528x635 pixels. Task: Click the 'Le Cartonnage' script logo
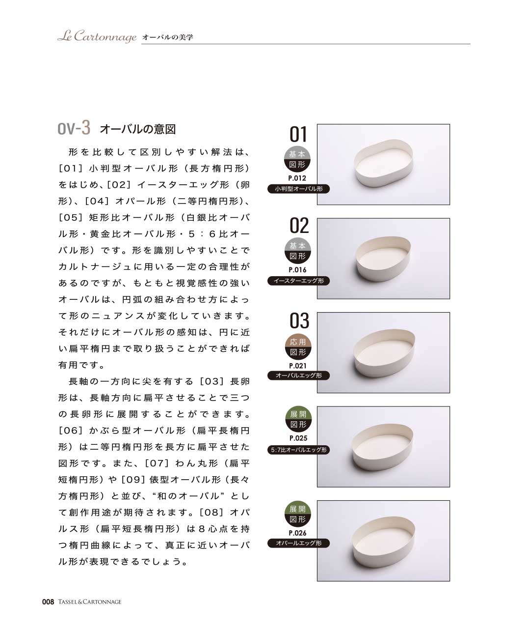tap(97, 36)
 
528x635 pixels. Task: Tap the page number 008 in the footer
tap(48, 602)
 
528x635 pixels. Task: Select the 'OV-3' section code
tap(74, 128)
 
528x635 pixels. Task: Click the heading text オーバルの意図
tap(138, 129)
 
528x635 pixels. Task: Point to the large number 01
tap(298, 134)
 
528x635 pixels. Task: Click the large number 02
tap(299, 226)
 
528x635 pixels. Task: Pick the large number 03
tap(299, 320)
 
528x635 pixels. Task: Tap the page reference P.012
tap(297, 178)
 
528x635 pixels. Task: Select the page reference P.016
tap(297, 270)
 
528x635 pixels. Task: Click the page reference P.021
tap(297, 366)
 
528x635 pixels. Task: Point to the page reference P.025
tap(298, 438)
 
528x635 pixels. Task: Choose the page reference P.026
tap(297, 533)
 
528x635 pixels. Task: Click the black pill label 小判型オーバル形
tap(298, 189)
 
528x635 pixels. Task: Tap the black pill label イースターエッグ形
tap(298, 281)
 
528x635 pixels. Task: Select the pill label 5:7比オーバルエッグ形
tap(298, 450)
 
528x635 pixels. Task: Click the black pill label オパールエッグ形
tap(298, 543)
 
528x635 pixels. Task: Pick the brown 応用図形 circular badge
tap(298, 346)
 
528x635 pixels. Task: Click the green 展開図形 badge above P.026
tap(298, 514)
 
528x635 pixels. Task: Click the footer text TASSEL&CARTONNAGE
tap(90, 602)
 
